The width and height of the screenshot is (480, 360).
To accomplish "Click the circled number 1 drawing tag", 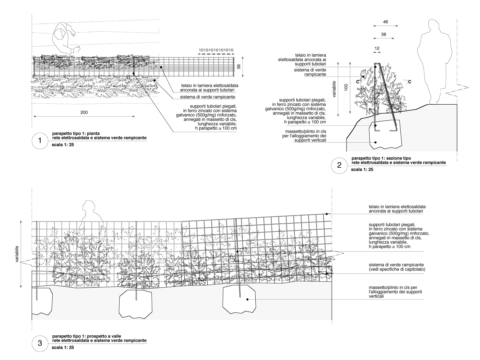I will [x=40, y=141].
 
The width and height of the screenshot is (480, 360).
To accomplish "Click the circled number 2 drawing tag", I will [x=339, y=165].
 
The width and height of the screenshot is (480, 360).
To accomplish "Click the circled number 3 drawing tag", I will [x=40, y=344].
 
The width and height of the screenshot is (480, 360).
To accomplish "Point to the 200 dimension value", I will [x=84, y=112].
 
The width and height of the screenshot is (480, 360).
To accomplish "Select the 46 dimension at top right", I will [x=385, y=22].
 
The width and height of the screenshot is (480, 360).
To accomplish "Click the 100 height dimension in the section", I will [x=346, y=88].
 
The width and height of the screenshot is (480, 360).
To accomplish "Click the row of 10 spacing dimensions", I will [x=216, y=50].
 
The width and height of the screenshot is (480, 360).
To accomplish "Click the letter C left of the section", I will [x=357, y=82].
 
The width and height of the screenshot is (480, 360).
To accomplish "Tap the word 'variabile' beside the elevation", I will [x=17, y=255].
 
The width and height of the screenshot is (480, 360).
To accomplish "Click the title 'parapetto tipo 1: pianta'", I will [x=74, y=133].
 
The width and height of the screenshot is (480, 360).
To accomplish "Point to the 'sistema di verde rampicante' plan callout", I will [x=207, y=97].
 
